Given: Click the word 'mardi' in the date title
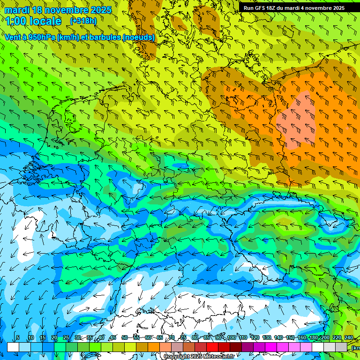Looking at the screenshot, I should (17, 10).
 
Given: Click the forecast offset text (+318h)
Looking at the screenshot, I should (83, 21).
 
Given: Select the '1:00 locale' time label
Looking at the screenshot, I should (34, 21).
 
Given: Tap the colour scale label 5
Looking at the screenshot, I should (18, 337).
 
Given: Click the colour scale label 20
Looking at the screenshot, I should (54, 337).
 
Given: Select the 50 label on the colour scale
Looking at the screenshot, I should (125, 337).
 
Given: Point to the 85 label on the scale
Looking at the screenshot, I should (207, 337).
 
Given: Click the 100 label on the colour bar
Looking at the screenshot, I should (231, 337).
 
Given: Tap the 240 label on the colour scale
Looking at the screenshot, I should (349, 337).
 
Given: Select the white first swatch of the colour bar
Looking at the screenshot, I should (13, 347).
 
